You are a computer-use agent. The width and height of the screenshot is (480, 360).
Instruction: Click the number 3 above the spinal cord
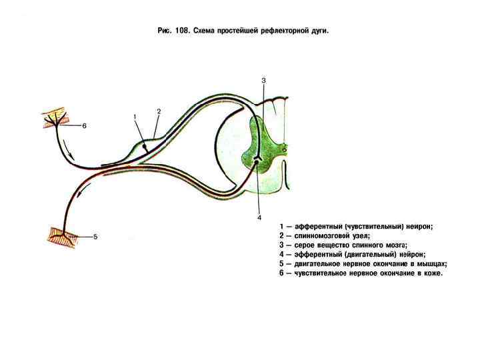(263, 81)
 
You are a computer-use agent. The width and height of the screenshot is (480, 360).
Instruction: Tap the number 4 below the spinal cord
(259, 217)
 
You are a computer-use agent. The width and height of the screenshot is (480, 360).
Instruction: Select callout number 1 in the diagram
(135, 117)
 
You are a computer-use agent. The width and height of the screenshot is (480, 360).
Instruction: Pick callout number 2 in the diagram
(159, 111)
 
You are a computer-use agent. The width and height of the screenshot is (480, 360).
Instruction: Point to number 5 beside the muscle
(95, 237)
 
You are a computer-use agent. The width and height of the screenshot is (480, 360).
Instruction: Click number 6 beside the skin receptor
(85, 125)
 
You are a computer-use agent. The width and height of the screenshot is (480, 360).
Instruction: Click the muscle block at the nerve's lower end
(61, 235)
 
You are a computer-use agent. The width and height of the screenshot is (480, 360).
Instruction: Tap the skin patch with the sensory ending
(55, 119)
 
